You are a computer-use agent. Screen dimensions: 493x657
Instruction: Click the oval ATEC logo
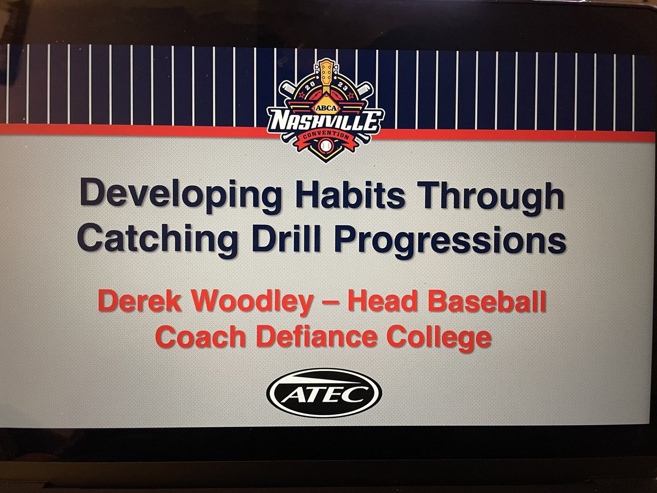point(324,392)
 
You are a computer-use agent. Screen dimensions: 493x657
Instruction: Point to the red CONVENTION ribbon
point(327,135)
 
